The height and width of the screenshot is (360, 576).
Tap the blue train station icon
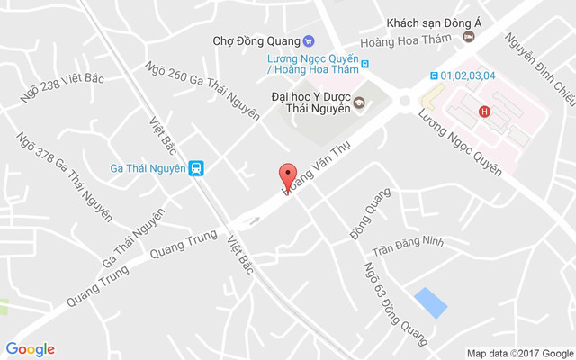click(x=196, y=167)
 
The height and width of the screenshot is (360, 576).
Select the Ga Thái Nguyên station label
click(x=148, y=167)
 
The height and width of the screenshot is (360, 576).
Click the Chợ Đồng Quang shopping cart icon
click(x=309, y=40)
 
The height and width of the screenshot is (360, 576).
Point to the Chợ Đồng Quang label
click(x=256, y=40)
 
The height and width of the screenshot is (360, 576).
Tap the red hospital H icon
click(x=485, y=112)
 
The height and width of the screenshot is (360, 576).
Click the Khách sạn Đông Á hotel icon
click(x=468, y=36)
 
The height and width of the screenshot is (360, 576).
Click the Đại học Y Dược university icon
click(x=358, y=102)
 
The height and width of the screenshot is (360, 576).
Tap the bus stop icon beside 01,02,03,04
click(x=435, y=76)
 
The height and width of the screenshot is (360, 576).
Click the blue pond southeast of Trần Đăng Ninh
click(x=430, y=302)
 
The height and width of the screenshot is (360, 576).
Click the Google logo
click(x=30, y=349)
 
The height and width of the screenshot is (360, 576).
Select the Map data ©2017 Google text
click(x=519, y=353)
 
